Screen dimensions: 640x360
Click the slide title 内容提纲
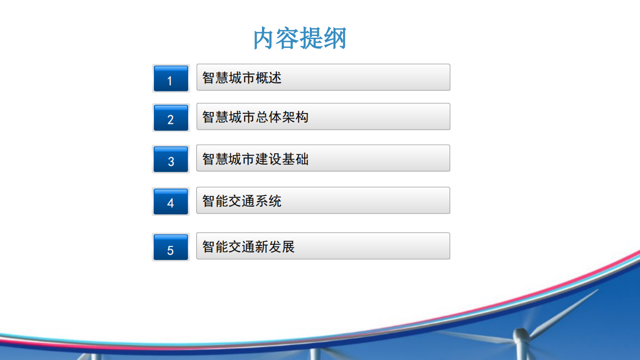[x=300, y=38]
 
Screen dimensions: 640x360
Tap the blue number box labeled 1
[x=171, y=79]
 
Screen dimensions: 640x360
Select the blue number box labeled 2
[x=171, y=118]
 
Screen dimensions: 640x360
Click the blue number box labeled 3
[x=171, y=159]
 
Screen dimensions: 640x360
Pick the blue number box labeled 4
[x=171, y=201]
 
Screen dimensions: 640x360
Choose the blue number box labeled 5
[x=171, y=247]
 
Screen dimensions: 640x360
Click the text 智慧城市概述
[x=241, y=77]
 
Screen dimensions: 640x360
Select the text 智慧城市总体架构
[x=255, y=117]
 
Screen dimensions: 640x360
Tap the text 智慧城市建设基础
[x=255, y=159]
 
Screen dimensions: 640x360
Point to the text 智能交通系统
[x=241, y=201]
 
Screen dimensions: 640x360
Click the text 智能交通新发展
[x=248, y=246]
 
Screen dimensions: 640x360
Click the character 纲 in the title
[x=335, y=38]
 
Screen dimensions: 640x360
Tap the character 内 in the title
[x=264, y=38]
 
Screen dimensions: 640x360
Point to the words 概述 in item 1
[x=268, y=77]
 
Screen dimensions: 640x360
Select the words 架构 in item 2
[x=295, y=117]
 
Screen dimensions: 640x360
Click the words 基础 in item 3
[x=295, y=159]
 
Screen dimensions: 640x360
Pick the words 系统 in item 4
[x=268, y=201]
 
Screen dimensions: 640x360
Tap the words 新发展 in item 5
[x=275, y=246]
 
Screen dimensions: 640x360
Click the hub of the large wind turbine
[x=521, y=336]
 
